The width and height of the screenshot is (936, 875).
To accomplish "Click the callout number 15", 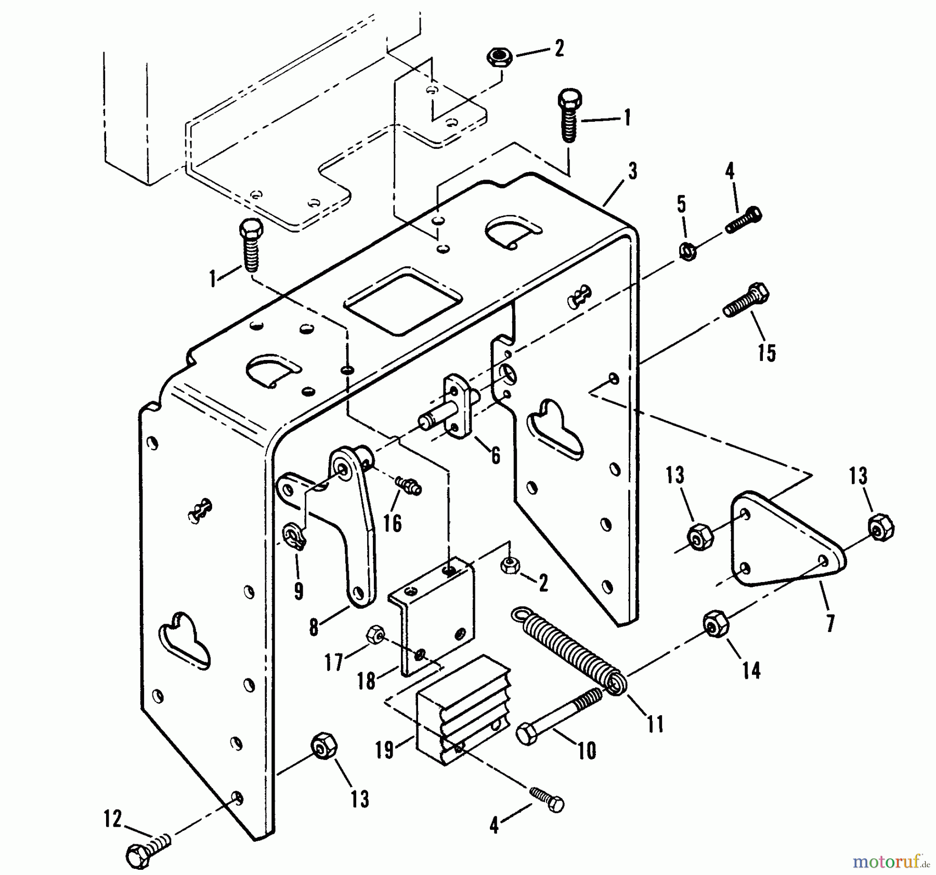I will click(766, 353).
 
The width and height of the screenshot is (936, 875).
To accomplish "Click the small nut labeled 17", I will click(374, 635).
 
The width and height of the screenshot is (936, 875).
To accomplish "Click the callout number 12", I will click(113, 819).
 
